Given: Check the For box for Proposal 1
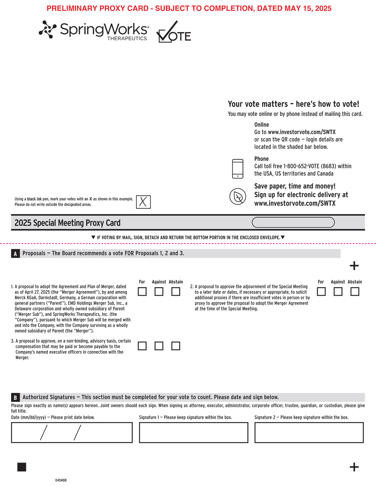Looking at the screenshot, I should pyautogui.click(x=142, y=292).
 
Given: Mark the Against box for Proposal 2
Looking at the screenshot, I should pyautogui.click(x=338, y=292).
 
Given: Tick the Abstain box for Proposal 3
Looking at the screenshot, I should pyautogui.click(x=176, y=346).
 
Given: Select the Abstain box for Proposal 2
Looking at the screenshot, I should pyautogui.click(x=355, y=292).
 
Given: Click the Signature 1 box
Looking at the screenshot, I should pyautogui.click(x=193, y=432).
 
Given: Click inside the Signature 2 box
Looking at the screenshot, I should pyautogui.click(x=309, y=432).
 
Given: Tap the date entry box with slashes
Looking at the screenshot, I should pyautogui.click(x=72, y=432).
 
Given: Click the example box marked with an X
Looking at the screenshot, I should pyautogui.click(x=143, y=202).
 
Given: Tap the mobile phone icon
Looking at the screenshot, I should pyautogui.click(x=238, y=169).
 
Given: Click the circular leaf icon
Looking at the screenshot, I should pyautogui.click(x=238, y=197).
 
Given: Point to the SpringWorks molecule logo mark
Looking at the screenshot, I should pyautogui.click(x=47, y=29).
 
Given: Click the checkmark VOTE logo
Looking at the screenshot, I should pyautogui.click(x=173, y=32).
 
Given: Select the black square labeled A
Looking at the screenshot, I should pyautogui.click(x=15, y=254).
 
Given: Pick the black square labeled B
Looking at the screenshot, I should pyautogui.click(x=15, y=397).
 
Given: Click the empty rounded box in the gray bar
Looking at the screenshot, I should pyautogui.click(x=293, y=223).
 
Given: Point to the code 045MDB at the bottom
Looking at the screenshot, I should pyautogui.click(x=61, y=480).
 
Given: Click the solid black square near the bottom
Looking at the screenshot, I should pyautogui.click(x=22, y=467).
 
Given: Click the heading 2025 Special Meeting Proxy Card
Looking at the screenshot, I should pyautogui.click(x=68, y=223).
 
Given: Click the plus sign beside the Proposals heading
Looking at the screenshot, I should pyautogui.click(x=354, y=266).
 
